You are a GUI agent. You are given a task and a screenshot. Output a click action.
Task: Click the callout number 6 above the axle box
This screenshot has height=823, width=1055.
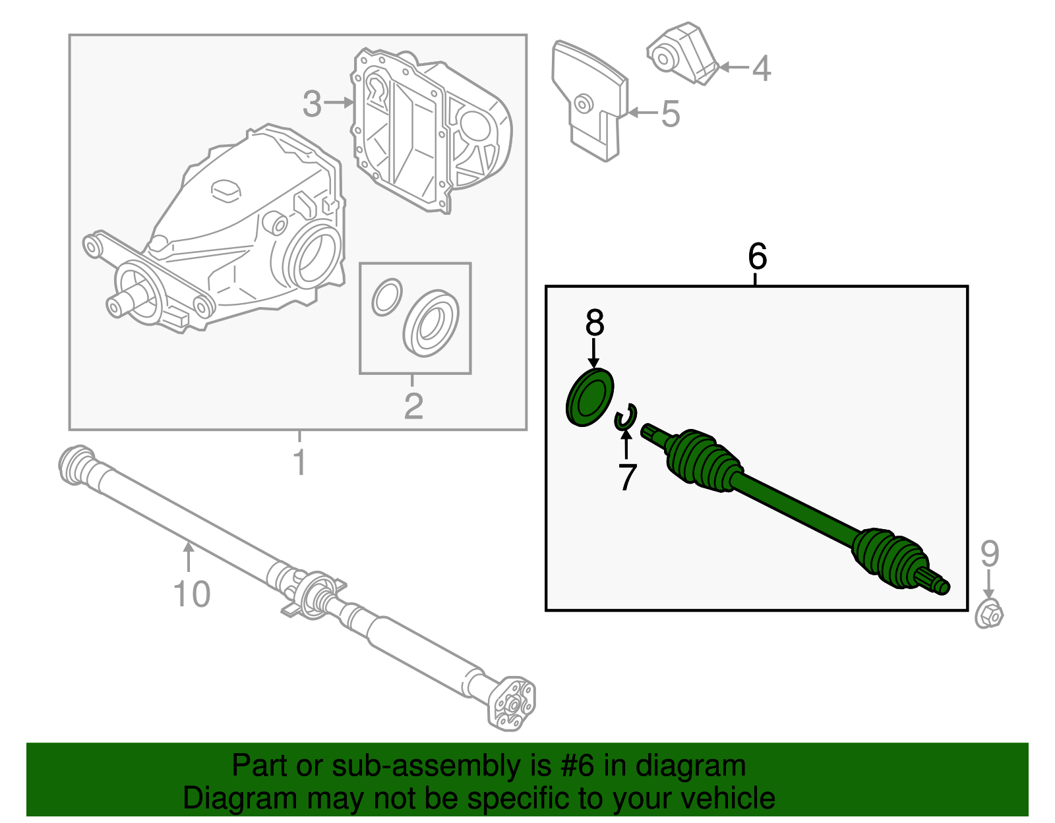click(757, 256)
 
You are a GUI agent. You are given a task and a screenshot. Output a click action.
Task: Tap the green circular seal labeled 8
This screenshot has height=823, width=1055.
click(589, 398)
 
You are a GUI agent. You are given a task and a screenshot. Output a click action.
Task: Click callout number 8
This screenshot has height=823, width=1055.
click(594, 324)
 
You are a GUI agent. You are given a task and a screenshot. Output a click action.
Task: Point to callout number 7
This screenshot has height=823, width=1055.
click(626, 476)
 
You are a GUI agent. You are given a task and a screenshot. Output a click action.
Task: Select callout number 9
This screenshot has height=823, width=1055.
click(989, 554)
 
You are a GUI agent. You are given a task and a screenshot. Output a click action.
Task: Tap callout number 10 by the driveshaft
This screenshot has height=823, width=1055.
click(191, 594)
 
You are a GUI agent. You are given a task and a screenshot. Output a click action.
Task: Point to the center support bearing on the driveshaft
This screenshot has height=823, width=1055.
click(314, 593)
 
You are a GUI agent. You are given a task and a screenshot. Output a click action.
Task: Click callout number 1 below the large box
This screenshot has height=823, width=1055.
click(299, 463)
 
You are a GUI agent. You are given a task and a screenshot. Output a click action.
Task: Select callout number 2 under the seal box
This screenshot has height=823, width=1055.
click(413, 407)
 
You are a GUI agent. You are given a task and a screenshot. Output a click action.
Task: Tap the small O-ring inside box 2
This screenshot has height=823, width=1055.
click(386, 297)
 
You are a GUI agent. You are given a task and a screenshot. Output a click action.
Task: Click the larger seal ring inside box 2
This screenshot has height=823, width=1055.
click(431, 324)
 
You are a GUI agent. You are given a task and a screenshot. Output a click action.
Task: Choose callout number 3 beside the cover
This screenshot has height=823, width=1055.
click(312, 103)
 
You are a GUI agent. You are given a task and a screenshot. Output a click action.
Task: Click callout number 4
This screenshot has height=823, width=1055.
click(761, 69)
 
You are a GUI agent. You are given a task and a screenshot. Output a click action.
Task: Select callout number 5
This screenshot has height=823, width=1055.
click(670, 114)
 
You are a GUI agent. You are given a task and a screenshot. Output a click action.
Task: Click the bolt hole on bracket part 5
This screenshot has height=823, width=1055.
click(582, 103)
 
